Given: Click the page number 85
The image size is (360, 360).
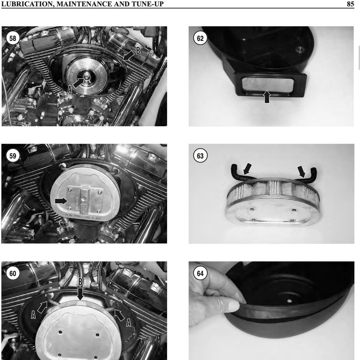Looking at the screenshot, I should point(350,4).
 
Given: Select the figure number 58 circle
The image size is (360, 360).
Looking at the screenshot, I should point(13,38).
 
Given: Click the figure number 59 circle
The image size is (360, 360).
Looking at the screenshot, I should point(13,156).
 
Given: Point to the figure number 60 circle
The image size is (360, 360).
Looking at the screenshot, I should point(13,273).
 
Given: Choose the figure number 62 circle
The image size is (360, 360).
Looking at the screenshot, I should point(200,38).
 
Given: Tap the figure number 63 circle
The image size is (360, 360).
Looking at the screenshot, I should point(200,156).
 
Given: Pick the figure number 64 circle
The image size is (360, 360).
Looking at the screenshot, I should point(200,273).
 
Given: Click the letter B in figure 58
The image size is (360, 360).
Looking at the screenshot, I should point(138,51).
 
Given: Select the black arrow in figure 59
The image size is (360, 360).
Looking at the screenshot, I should point(61,201).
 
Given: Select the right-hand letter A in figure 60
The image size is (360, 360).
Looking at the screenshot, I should point(129,323).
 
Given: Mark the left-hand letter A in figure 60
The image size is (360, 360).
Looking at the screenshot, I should point(33,315).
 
